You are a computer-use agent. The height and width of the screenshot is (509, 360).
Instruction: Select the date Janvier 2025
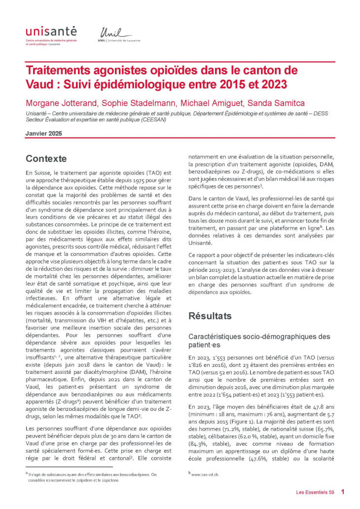(44, 133)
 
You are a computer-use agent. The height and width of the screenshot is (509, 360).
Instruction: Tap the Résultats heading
(210, 316)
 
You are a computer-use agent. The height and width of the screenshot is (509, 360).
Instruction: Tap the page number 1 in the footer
(342, 492)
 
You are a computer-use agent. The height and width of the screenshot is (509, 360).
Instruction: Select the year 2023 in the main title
(271, 84)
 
